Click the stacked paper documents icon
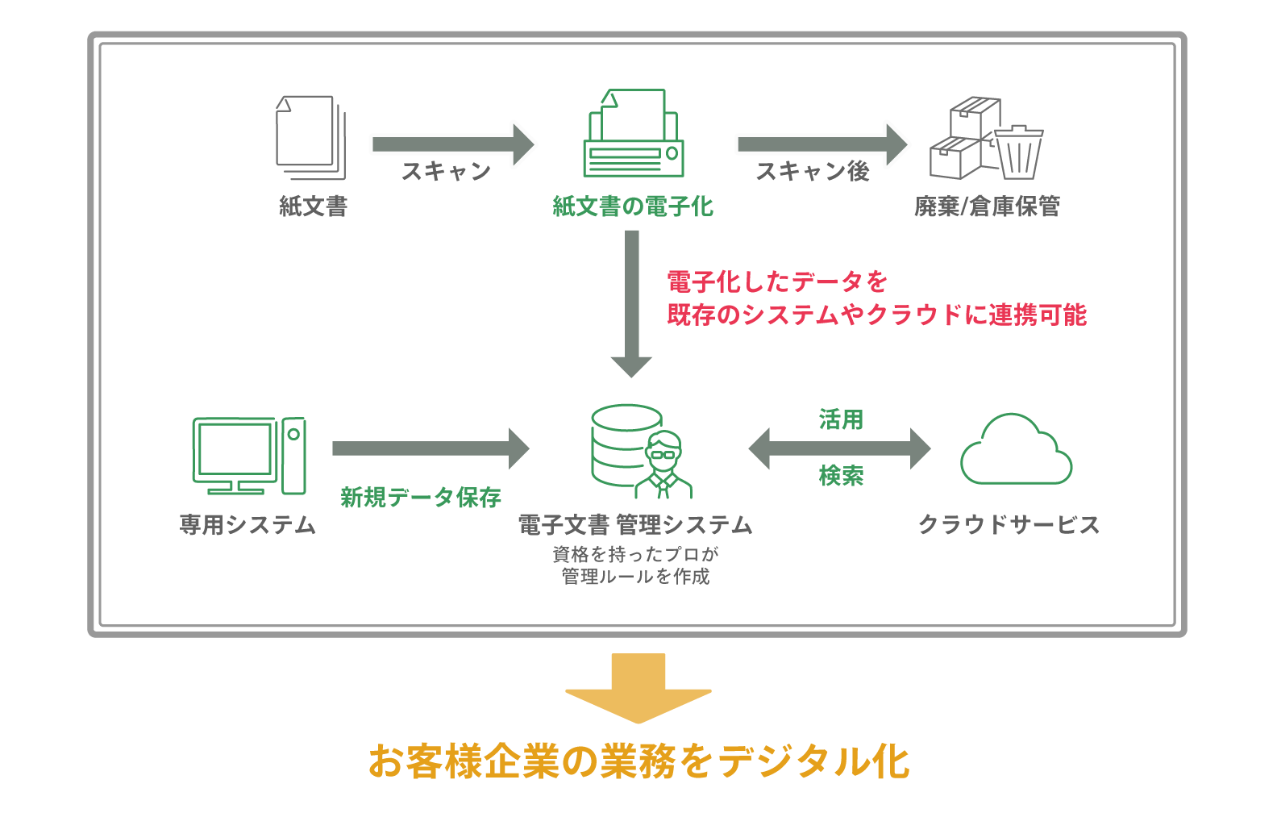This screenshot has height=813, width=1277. pos(310,137)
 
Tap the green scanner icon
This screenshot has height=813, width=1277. pos(634,135)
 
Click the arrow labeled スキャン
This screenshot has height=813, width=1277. pos(452,144)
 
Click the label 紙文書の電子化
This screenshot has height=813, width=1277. pos(633,206)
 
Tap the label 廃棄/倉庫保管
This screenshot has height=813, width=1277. pos(987,206)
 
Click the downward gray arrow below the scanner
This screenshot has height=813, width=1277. pos(632,302)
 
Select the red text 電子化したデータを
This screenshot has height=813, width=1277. pos(776,281)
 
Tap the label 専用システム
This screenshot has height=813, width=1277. pos(247,524)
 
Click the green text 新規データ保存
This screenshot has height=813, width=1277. pos(420,497)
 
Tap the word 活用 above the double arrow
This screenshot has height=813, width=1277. pos(841,419)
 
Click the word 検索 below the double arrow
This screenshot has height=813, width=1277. pos(841,476)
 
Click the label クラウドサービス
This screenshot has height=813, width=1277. pos(1009,524)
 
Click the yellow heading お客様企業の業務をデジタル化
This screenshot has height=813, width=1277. pos(638,761)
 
